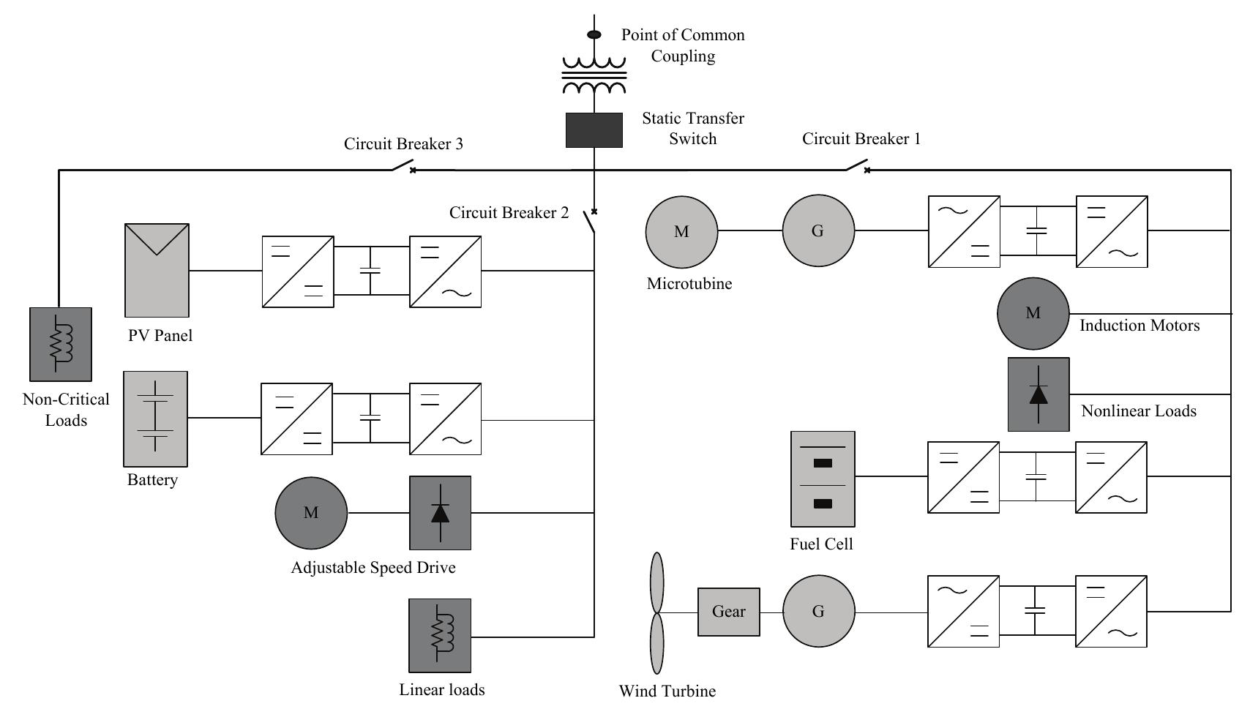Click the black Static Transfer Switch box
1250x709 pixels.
coord(594,130)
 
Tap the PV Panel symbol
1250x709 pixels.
coord(157,270)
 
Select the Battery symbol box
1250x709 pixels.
coord(155,419)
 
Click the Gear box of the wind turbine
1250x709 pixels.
coord(728,612)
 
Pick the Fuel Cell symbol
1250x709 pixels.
coord(823,479)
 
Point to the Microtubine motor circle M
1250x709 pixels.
coord(681,231)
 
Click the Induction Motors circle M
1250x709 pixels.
coord(1033,313)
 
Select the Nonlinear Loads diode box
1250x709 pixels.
coord(1038,394)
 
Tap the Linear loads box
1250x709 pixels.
coord(439,635)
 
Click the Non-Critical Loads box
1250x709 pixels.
coord(61,344)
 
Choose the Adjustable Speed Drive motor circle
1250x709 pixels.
coord(311,513)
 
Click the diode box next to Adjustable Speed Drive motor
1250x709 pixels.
coord(440,513)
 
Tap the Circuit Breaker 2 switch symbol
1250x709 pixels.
coord(590,221)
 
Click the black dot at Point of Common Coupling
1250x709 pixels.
coord(594,34)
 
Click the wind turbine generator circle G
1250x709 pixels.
coord(818,611)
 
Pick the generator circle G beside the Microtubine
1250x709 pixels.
coord(817,230)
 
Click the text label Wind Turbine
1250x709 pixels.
coord(667,691)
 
